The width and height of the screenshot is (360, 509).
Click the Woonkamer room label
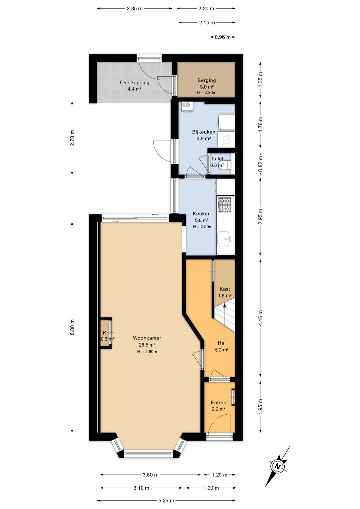tap(147, 338)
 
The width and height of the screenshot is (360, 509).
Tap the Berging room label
tap(206, 80)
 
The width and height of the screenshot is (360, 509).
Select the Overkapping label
tap(135, 82)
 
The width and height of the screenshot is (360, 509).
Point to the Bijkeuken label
tap(204, 132)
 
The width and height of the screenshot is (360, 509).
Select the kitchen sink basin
tap(224, 239)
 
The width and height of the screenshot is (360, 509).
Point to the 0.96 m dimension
tap(223, 37)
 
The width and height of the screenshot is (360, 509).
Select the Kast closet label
tap(225, 289)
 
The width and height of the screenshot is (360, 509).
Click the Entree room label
tap(218, 403)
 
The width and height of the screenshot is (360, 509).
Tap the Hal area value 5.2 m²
tap(222, 350)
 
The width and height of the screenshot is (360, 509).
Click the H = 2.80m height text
tap(147, 352)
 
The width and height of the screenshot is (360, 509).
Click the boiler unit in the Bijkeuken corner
tap(187, 107)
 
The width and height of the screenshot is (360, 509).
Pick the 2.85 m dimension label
tap(135, 9)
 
